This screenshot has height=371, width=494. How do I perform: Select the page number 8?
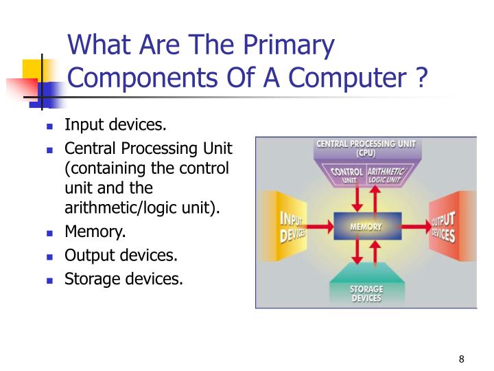(462, 360)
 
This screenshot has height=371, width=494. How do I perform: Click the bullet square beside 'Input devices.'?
(50, 127)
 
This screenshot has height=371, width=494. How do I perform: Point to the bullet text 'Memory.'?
(95, 232)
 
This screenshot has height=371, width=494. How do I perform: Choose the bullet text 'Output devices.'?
(121, 256)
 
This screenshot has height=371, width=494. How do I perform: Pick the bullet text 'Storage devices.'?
(123, 279)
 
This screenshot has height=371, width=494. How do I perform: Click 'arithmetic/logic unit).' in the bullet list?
(142, 208)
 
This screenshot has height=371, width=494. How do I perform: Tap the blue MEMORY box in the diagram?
(366, 226)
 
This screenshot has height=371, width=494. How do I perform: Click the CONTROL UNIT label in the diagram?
(346, 175)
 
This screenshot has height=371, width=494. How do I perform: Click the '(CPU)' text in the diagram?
(366, 153)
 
